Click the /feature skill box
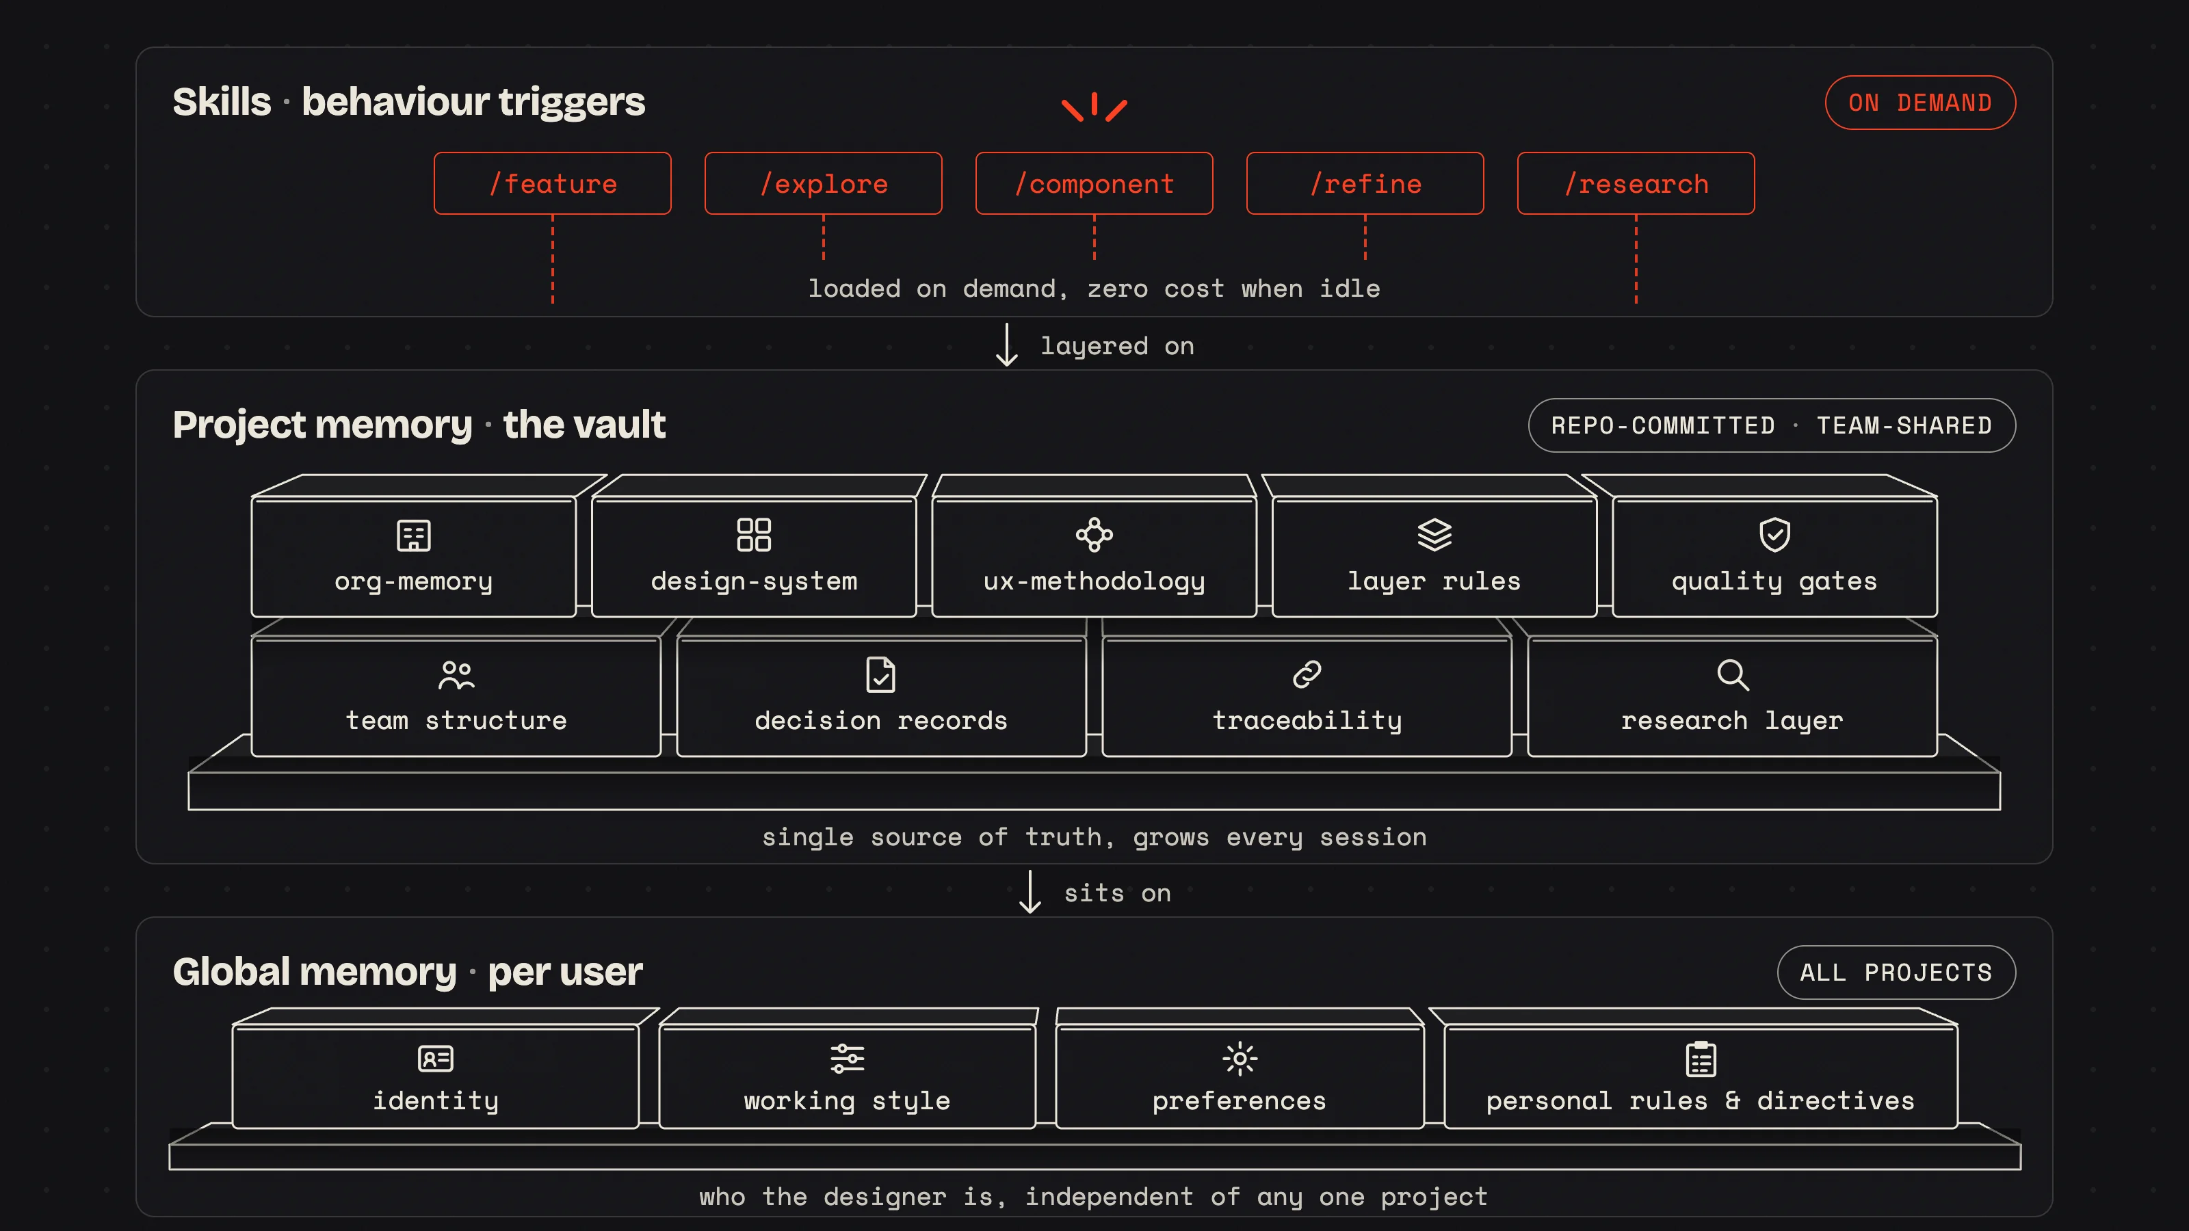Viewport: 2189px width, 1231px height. click(x=552, y=183)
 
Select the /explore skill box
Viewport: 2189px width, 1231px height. click(x=824, y=183)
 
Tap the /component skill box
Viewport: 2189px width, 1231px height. click(x=1094, y=183)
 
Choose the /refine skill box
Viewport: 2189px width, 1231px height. click(x=1365, y=183)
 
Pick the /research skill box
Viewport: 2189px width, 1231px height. click(x=1636, y=183)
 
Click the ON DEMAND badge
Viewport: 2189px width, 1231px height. click(x=1920, y=103)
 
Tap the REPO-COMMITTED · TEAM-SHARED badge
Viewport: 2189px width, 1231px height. click(x=1772, y=425)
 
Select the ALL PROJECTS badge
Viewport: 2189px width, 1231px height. click(x=1897, y=972)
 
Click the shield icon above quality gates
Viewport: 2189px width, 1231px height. click(x=1775, y=534)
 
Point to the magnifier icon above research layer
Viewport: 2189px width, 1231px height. click(x=1733, y=674)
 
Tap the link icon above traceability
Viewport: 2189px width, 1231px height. click(x=1307, y=674)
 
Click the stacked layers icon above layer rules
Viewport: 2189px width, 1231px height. click(x=1434, y=534)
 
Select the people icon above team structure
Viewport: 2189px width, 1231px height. click(x=456, y=674)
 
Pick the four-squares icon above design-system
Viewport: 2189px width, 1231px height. click(x=754, y=534)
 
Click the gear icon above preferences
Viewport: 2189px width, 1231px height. click(x=1240, y=1059)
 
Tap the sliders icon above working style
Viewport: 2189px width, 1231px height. click(x=848, y=1059)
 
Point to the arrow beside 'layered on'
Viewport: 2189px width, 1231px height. click(x=1007, y=344)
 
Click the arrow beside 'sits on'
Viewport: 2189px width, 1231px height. click(x=1030, y=892)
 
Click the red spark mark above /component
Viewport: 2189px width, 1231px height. click(x=1094, y=106)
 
